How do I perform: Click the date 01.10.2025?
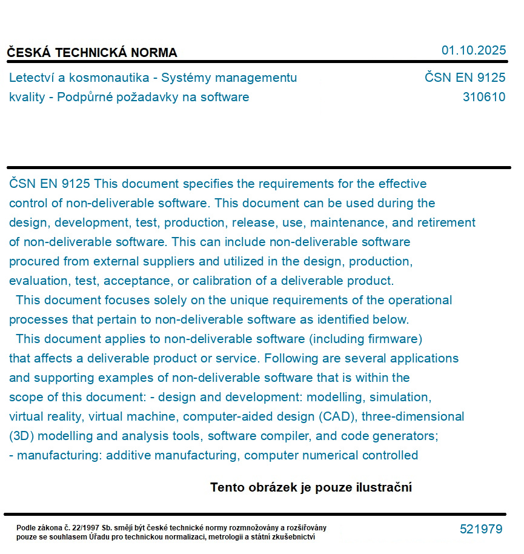474,50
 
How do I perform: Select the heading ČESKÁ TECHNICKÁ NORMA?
92,53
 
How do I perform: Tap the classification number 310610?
483,97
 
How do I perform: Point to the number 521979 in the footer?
481,529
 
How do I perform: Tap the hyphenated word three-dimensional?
413,416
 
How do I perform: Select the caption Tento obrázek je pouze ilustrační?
311,487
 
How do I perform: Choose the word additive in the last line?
127,455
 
